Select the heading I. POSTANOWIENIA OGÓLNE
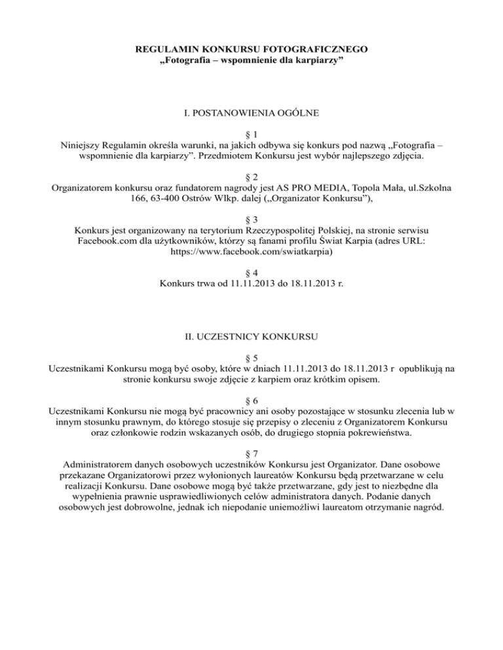point(251,114)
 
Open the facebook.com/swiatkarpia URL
point(251,250)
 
